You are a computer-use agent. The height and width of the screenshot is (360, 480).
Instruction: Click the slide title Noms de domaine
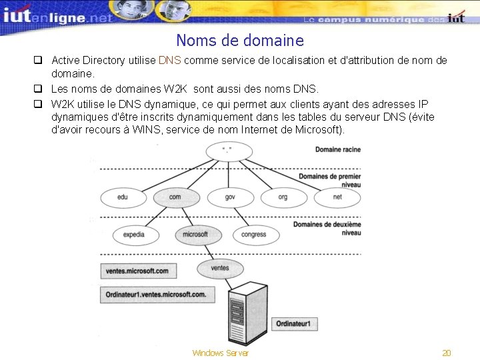[x=240, y=41]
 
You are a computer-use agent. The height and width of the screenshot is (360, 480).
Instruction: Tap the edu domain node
[x=123, y=197]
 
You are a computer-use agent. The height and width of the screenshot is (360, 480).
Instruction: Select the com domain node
[x=175, y=197]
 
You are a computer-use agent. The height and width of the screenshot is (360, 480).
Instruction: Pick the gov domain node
[x=230, y=197]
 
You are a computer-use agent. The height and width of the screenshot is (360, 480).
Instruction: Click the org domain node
[x=283, y=197]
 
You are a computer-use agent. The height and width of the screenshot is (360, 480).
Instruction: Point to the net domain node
[x=337, y=197]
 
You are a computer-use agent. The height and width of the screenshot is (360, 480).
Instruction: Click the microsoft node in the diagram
[x=195, y=235]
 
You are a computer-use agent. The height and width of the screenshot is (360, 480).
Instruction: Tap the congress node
[x=253, y=235]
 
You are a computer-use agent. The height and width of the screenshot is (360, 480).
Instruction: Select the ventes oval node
[x=219, y=268]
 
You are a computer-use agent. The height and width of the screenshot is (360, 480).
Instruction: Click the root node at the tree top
[x=229, y=151]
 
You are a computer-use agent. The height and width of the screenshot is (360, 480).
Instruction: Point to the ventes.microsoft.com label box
[x=137, y=271]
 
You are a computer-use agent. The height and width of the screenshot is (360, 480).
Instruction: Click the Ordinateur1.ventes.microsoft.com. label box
[x=156, y=294]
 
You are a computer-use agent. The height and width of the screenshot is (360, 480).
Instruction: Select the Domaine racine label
[x=337, y=149]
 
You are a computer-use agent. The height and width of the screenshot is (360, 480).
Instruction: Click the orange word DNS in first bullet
[x=170, y=61]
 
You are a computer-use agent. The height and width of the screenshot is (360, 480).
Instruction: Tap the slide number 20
[x=447, y=353]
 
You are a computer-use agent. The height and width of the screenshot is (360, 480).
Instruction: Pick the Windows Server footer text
[x=220, y=353]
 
